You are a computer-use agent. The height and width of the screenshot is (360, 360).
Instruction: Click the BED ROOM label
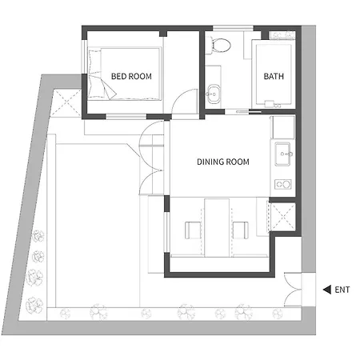[131, 77]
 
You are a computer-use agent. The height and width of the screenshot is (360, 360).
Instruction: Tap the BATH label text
[274, 77]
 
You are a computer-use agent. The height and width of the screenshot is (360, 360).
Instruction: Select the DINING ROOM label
[223, 162]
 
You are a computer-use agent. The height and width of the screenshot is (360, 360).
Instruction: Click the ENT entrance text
[342, 290]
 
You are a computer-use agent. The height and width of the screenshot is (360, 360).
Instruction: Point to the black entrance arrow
[327, 290]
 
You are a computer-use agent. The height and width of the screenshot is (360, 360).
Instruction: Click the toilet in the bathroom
[219, 45]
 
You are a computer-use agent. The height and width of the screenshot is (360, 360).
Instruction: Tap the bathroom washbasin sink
[214, 94]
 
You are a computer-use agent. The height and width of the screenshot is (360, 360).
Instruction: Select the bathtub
[273, 74]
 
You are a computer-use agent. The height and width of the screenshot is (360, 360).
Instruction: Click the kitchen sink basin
[283, 154]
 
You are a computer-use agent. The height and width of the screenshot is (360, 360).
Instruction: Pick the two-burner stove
[282, 184]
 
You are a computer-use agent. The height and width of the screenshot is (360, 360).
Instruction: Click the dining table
[217, 227]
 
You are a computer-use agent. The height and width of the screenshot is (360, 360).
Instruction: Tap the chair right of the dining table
[241, 230]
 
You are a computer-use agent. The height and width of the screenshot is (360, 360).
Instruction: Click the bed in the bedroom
[125, 74]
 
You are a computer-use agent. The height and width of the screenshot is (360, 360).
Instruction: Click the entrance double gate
[293, 290]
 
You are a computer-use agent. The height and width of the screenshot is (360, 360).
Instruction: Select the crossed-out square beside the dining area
[283, 216]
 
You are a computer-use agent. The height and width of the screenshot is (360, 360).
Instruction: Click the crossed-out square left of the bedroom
[66, 103]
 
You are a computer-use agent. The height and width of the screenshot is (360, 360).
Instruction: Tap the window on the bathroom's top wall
[233, 28]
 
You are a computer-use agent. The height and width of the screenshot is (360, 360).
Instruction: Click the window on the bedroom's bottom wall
[126, 117]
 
